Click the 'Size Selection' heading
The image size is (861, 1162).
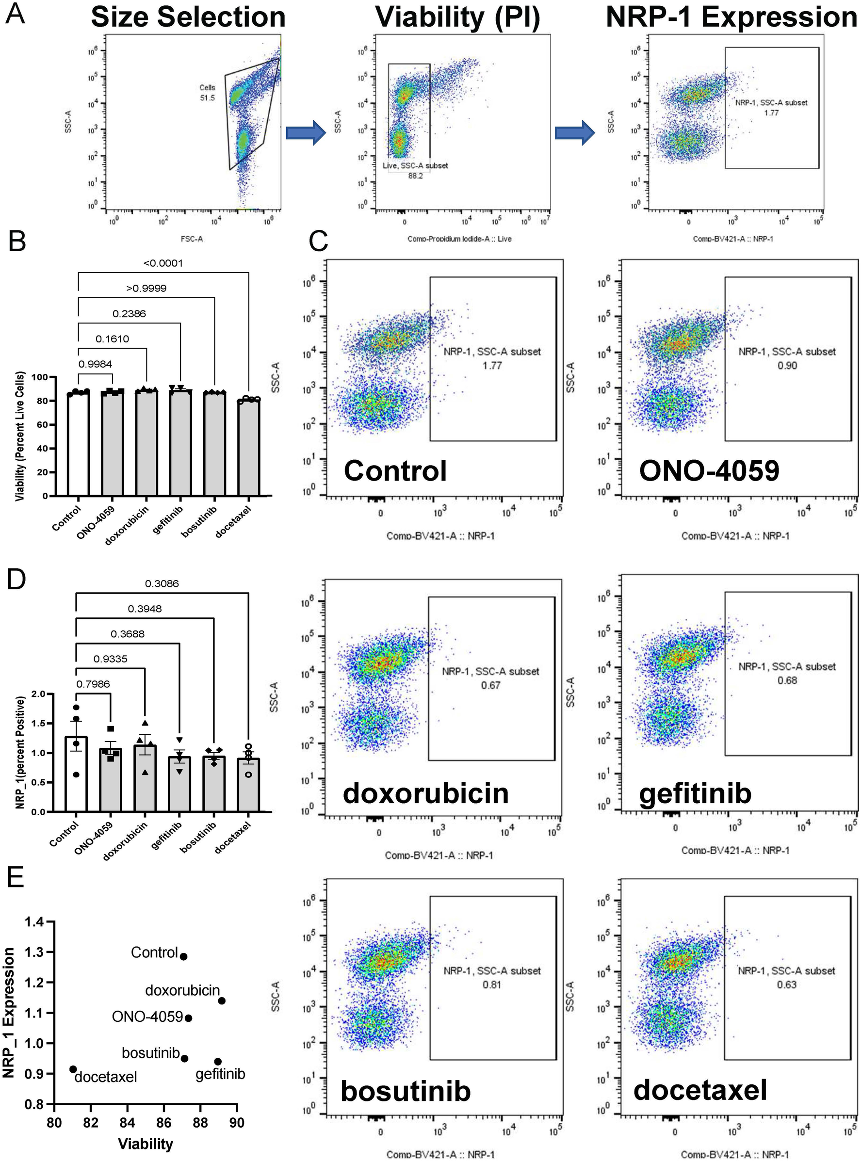tap(188, 16)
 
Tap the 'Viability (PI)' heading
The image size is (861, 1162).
tap(457, 16)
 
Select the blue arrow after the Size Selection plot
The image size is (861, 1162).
tap(306, 133)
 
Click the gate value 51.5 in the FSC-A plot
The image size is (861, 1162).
tap(207, 97)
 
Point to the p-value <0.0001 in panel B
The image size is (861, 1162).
tap(163, 263)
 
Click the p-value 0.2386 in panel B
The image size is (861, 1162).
tap(129, 314)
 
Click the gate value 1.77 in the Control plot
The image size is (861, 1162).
tap(492, 365)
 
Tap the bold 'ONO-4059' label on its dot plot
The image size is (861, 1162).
tap(709, 470)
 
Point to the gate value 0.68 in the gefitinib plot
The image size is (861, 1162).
tap(787, 680)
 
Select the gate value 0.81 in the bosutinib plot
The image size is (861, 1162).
tap(492, 985)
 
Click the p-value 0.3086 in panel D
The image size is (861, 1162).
tap(162, 583)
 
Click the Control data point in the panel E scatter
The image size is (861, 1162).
tap(183, 957)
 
